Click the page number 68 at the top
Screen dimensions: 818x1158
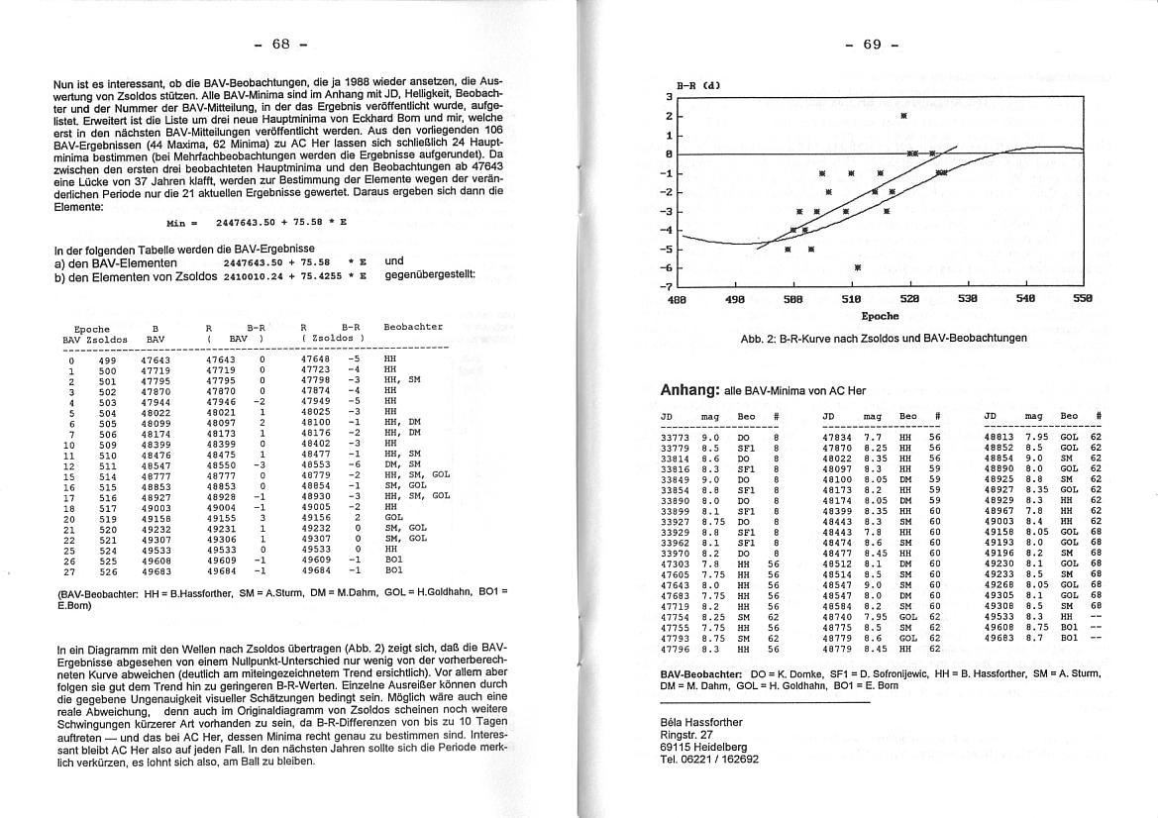pos(280,44)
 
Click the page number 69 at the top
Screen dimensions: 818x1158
pos(872,44)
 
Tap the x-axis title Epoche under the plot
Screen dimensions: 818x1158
pos(880,316)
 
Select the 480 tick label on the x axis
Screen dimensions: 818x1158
pos(678,298)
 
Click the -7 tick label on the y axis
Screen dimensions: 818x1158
pos(669,286)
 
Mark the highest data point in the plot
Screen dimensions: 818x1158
pos(903,116)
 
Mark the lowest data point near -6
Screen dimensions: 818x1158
pos(858,267)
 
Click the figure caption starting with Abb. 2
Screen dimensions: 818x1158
pos(884,338)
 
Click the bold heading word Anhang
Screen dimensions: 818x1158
pos(689,390)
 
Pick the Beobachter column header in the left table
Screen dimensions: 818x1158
pos(413,326)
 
